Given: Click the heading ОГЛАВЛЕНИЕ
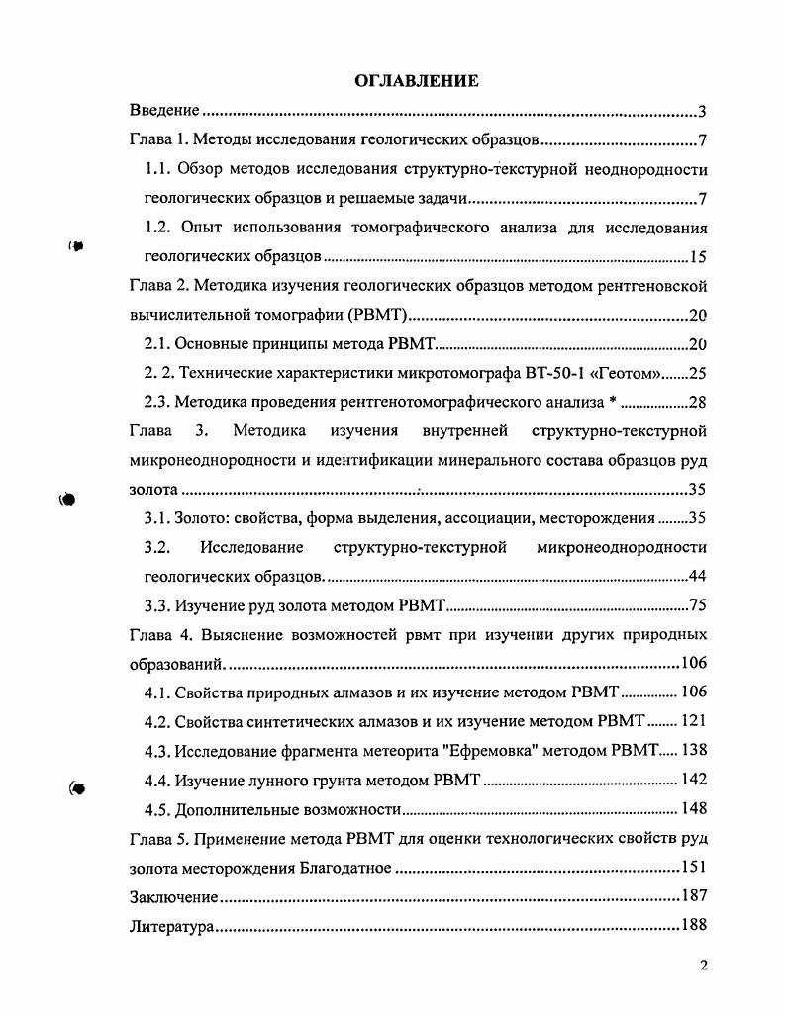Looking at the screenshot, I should [x=416, y=81].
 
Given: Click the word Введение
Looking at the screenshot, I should [x=165, y=110].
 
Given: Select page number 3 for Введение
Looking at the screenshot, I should [x=700, y=110].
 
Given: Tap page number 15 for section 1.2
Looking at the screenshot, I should [x=697, y=258].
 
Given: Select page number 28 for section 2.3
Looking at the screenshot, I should [x=696, y=402].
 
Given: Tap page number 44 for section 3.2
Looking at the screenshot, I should [x=696, y=576].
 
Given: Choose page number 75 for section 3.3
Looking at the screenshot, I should [x=696, y=604].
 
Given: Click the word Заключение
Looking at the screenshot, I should [x=174, y=897].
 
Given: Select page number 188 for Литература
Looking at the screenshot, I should [x=693, y=927].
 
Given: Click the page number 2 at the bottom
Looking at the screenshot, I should [x=702, y=967].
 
